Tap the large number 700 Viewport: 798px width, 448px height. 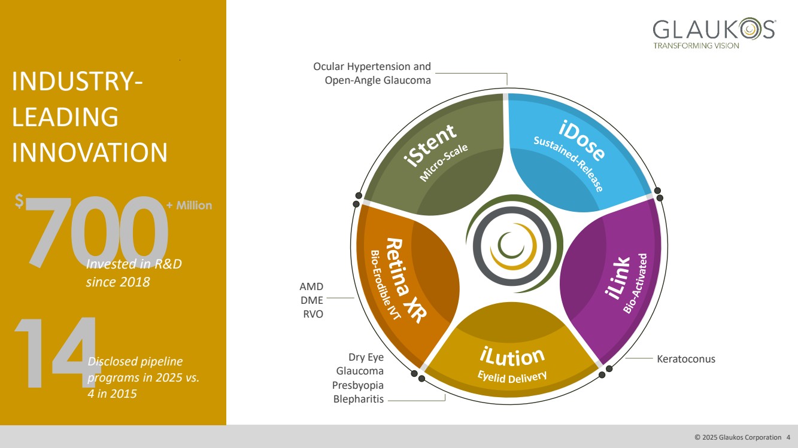click(x=96, y=230)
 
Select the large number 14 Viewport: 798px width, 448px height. click(x=54, y=353)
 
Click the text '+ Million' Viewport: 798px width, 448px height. click(x=189, y=205)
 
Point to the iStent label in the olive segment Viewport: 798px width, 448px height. click(x=430, y=144)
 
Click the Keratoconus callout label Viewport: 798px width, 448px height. click(x=686, y=359)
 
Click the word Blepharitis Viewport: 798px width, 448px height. click(x=358, y=399)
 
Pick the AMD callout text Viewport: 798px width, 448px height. click(x=312, y=287)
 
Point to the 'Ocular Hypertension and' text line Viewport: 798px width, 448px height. click(x=372, y=66)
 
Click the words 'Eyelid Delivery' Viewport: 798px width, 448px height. click(x=512, y=376)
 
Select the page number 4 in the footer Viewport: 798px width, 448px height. click(x=788, y=437)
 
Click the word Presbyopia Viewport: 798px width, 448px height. click(x=358, y=385)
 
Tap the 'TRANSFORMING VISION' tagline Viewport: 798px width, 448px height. click(x=696, y=45)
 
